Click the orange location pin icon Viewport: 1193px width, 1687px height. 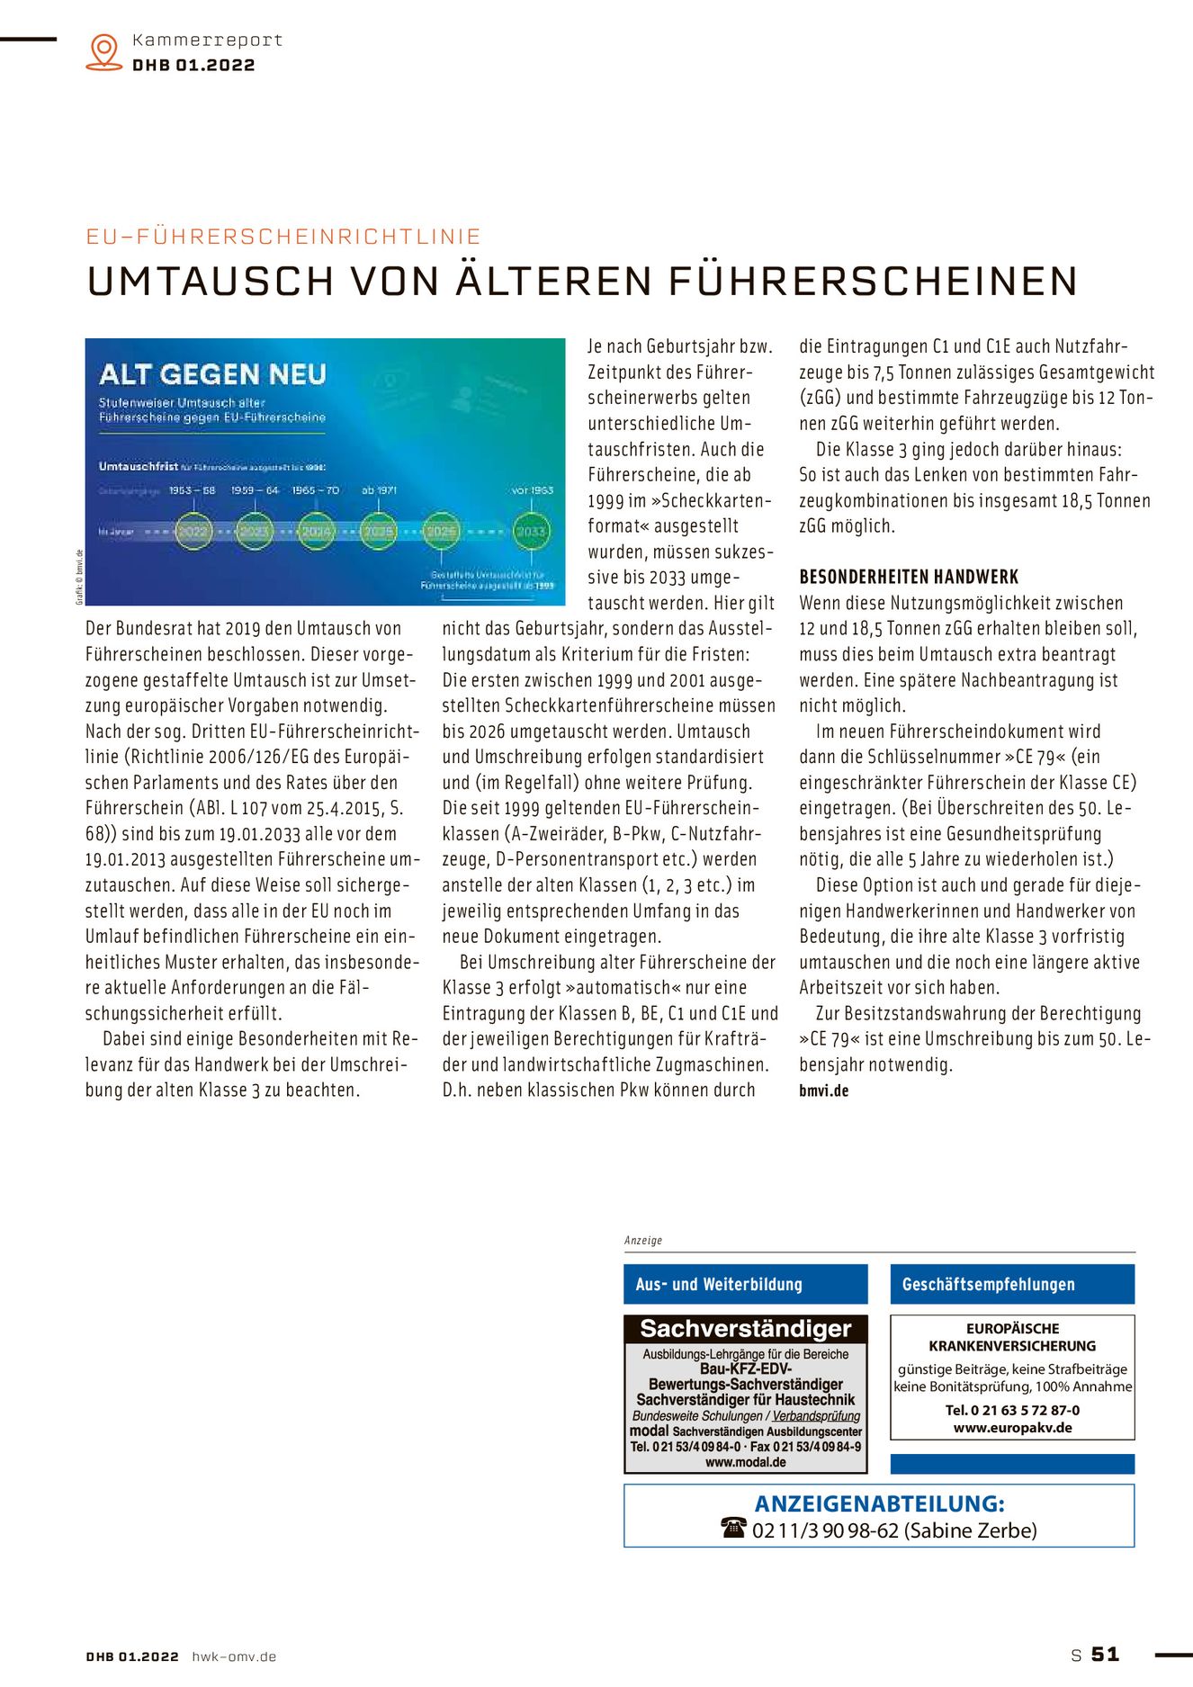104,51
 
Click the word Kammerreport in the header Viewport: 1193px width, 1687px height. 207,40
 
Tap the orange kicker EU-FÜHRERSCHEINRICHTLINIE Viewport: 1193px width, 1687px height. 283,237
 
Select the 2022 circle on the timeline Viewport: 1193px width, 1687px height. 193,531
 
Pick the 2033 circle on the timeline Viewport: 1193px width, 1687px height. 530,531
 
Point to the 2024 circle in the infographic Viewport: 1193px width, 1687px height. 317,531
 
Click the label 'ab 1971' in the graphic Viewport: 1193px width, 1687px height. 379,490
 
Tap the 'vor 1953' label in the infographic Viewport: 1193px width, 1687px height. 532,490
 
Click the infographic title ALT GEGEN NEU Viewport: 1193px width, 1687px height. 212,374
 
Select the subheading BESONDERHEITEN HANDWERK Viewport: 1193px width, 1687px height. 909,578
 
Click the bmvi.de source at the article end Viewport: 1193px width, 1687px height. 823,1091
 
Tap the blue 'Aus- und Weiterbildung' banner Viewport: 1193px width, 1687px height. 745,1285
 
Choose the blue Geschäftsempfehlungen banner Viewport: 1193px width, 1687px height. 1012,1285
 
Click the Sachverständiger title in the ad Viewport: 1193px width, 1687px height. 745,1329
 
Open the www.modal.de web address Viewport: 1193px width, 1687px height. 745,1463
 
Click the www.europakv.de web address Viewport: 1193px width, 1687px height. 1012,1428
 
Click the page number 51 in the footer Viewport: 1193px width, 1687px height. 1105,1655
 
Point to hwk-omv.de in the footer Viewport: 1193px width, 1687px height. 234,1656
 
